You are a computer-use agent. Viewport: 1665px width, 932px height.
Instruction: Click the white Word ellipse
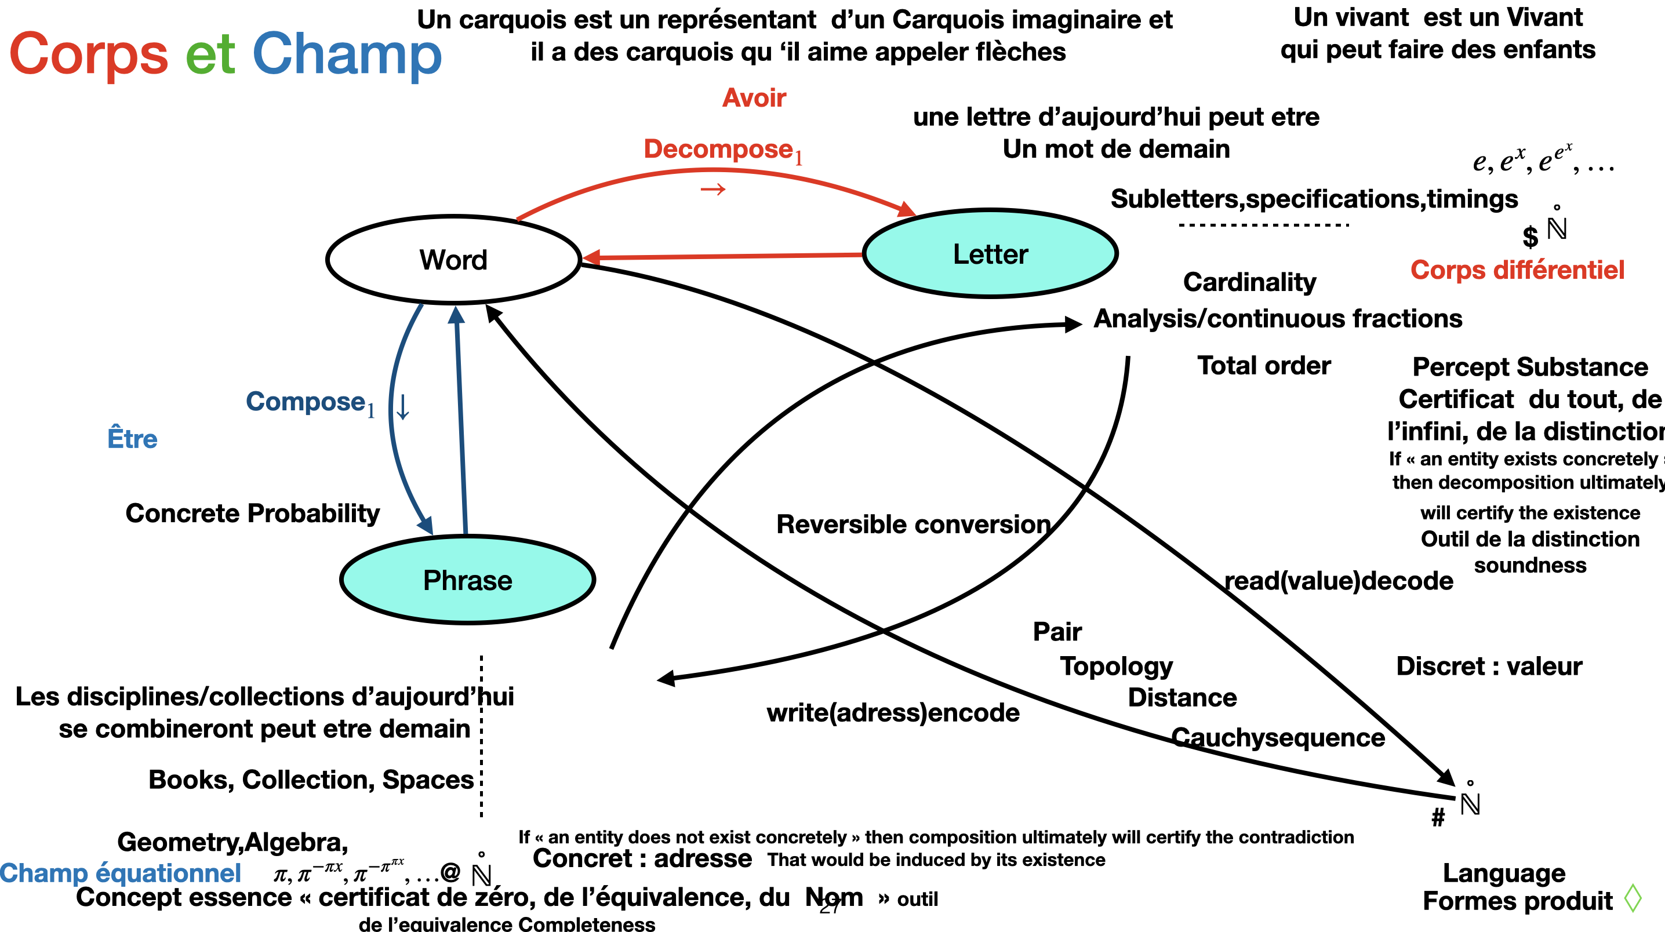453,260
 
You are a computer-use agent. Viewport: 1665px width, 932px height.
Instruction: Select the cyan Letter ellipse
990,254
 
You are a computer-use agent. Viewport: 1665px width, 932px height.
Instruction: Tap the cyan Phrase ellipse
467,580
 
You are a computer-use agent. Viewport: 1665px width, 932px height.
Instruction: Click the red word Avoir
754,98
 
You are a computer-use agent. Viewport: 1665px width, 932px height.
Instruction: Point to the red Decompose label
719,150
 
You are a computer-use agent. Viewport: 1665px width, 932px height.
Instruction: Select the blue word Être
133,439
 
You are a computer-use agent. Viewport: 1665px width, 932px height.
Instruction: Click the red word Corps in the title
89,54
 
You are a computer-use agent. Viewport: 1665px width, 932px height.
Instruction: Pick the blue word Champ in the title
347,54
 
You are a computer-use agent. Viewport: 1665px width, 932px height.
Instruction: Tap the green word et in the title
209,54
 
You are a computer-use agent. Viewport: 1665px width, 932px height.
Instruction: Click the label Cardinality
1249,282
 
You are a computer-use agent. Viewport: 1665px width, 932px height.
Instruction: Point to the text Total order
1264,366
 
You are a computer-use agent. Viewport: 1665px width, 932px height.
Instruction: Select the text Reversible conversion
913,524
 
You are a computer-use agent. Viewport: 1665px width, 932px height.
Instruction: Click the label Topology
1116,667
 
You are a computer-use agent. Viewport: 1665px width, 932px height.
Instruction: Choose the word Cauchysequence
1278,737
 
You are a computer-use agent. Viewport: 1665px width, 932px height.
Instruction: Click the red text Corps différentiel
1517,270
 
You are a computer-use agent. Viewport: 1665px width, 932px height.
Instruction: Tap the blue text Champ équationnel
121,873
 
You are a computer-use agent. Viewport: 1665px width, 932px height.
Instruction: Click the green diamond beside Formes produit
1633,898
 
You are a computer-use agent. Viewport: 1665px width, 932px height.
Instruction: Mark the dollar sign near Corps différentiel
1530,236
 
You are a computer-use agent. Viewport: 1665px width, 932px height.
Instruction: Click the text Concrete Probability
252,513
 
